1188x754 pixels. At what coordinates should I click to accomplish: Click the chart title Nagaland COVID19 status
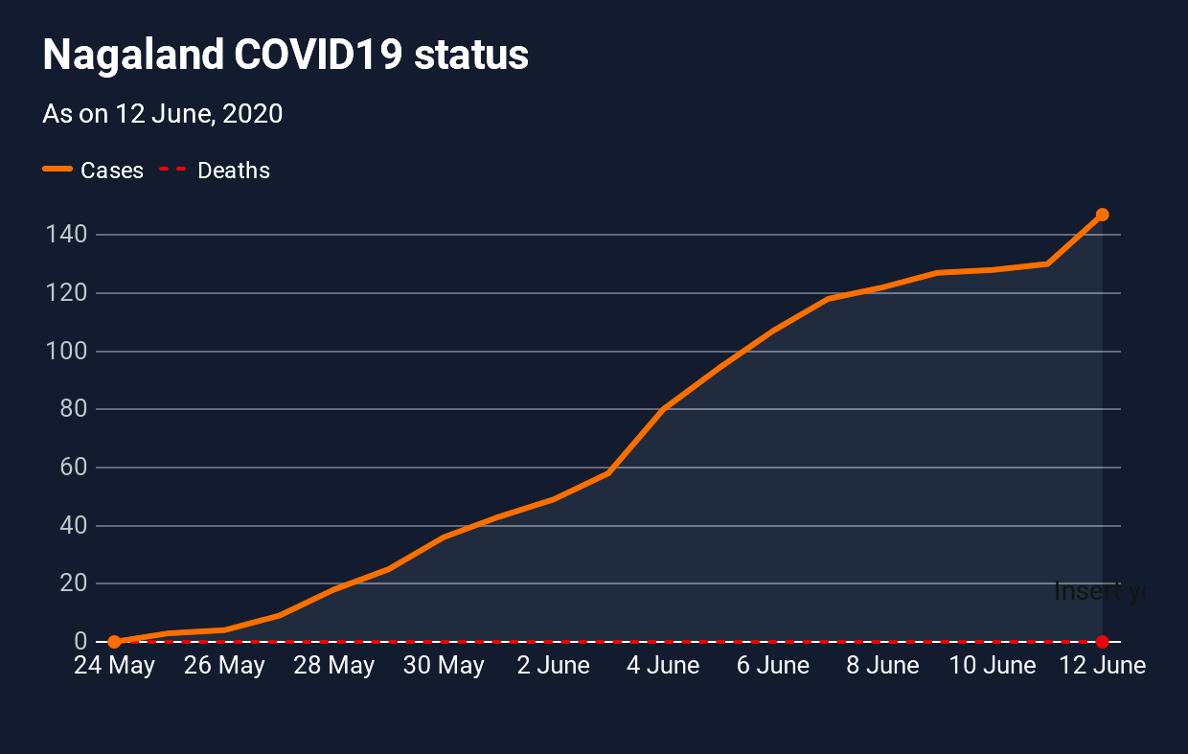click(x=286, y=56)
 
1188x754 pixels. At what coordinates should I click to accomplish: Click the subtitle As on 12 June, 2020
click(x=163, y=114)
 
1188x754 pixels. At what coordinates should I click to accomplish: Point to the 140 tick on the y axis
click(x=66, y=235)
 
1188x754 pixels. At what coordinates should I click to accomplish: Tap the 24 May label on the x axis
click(x=115, y=666)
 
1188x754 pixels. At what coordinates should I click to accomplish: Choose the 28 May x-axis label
click(x=334, y=666)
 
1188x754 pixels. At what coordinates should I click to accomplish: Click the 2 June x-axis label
click(x=554, y=666)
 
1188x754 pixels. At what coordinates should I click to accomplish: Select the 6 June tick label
click(x=773, y=666)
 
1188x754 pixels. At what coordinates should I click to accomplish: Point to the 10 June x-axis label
click(x=993, y=666)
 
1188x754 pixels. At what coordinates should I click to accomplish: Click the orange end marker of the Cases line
click(x=1102, y=215)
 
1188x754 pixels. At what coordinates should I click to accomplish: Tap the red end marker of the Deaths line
click(x=1102, y=641)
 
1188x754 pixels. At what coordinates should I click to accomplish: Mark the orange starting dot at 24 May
click(x=114, y=641)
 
